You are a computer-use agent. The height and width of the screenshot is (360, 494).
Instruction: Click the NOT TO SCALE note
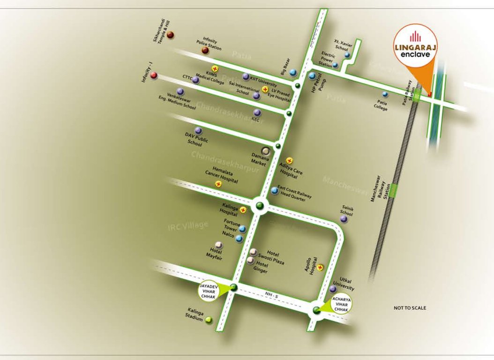coord(410,308)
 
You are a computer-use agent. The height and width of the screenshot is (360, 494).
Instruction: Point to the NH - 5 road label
coord(270,294)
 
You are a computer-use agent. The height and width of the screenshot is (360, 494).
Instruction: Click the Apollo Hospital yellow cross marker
coord(321,268)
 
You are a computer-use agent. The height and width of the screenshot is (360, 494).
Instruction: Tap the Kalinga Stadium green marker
coord(209,321)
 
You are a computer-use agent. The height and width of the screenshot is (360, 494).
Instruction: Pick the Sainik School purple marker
coord(344,219)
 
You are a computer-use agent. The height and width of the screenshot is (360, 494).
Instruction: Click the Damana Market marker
coord(266,151)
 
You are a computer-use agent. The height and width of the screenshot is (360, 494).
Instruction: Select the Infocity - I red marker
coord(154,75)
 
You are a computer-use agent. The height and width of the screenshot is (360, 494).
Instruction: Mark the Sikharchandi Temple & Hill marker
coord(171,35)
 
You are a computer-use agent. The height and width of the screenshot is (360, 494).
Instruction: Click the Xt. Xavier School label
coord(342,45)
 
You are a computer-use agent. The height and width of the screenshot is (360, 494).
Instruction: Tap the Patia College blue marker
coord(385,94)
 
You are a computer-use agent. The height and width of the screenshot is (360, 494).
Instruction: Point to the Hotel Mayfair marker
coord(218,245)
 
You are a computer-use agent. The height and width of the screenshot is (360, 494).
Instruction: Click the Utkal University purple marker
coord(333,289)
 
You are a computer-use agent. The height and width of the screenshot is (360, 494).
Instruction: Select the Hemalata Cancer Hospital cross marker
coord(218,184)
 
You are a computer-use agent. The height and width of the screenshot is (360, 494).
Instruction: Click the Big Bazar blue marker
coord(293,72)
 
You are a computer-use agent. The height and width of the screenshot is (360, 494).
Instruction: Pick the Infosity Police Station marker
coord(205,50)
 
